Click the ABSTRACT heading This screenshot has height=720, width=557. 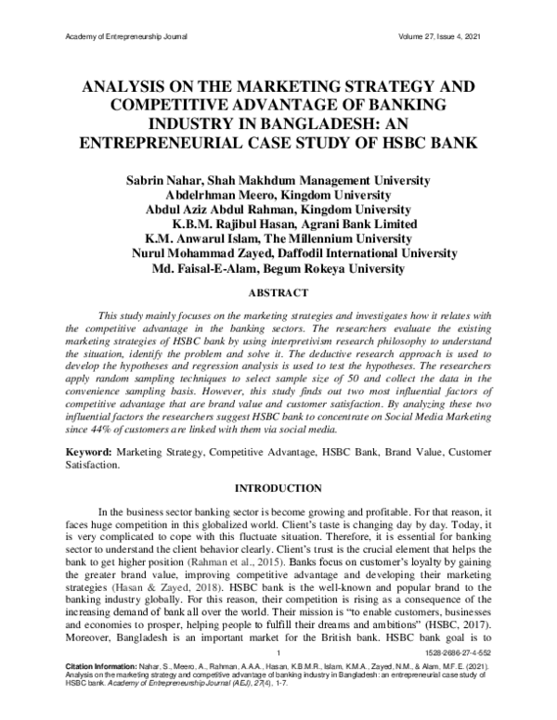pyautogui.click(x=278, y=293)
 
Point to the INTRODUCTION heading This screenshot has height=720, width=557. pyautogui.click(x=278, y=487)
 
